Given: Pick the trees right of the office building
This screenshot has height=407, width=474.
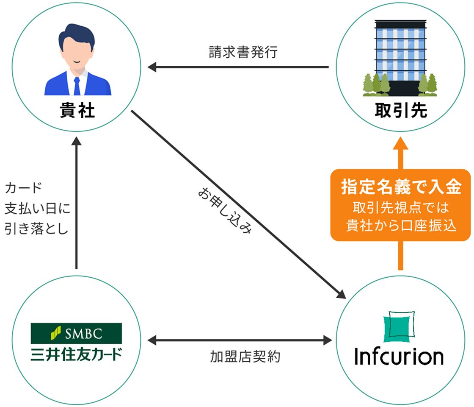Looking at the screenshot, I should (x=427, y=85).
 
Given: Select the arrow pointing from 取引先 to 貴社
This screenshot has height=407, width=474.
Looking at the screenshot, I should (x=237, y=67).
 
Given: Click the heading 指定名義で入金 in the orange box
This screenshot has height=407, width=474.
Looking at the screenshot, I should (x=400, y=187).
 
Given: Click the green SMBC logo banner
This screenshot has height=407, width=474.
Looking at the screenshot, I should (x=76, y=333).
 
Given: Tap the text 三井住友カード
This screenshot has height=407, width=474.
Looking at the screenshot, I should (x=76, y=353).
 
